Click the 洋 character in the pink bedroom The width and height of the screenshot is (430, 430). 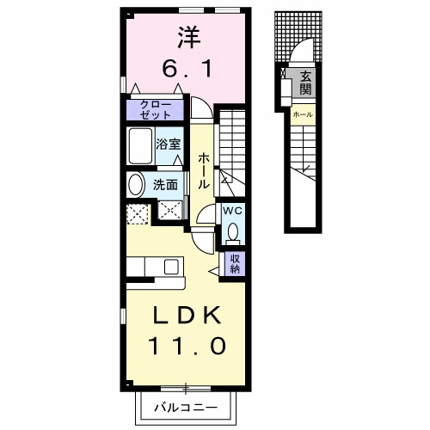189,37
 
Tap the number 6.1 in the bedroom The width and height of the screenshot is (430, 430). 187,69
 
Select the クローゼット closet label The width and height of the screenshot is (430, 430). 156,110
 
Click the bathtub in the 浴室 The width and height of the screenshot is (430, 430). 140,146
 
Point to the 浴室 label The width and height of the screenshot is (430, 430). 169,144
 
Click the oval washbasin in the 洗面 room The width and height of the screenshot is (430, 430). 136,185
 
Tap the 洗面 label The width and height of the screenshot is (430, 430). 165,185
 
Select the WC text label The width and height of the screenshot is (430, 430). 233,212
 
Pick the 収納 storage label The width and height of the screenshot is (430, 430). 235,264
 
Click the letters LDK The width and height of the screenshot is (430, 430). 187,315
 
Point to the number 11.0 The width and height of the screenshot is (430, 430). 187,346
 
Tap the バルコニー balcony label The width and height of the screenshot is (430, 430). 186,407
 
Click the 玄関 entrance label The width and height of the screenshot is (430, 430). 305,83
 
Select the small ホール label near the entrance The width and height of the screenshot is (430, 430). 303,114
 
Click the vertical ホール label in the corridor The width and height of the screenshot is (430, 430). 203,170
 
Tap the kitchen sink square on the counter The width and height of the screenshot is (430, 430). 171,267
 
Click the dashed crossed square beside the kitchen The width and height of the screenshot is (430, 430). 138,214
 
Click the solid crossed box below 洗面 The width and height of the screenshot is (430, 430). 170,210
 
